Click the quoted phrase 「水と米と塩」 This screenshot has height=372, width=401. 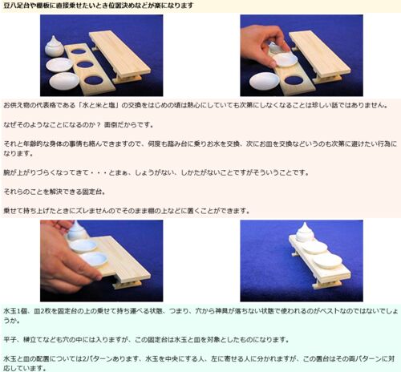[99, 105]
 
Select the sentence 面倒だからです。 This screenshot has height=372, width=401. [128, 125]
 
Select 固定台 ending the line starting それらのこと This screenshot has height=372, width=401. [91, 192]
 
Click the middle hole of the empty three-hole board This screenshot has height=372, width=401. [85, 64]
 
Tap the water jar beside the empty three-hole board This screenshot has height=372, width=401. [54, 46]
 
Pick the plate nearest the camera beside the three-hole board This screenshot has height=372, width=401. [64, 81]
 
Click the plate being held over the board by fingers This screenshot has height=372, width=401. [285, 59]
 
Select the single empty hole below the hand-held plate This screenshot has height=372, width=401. [294, 80]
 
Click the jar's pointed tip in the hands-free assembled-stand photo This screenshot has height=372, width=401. [305, 223]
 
